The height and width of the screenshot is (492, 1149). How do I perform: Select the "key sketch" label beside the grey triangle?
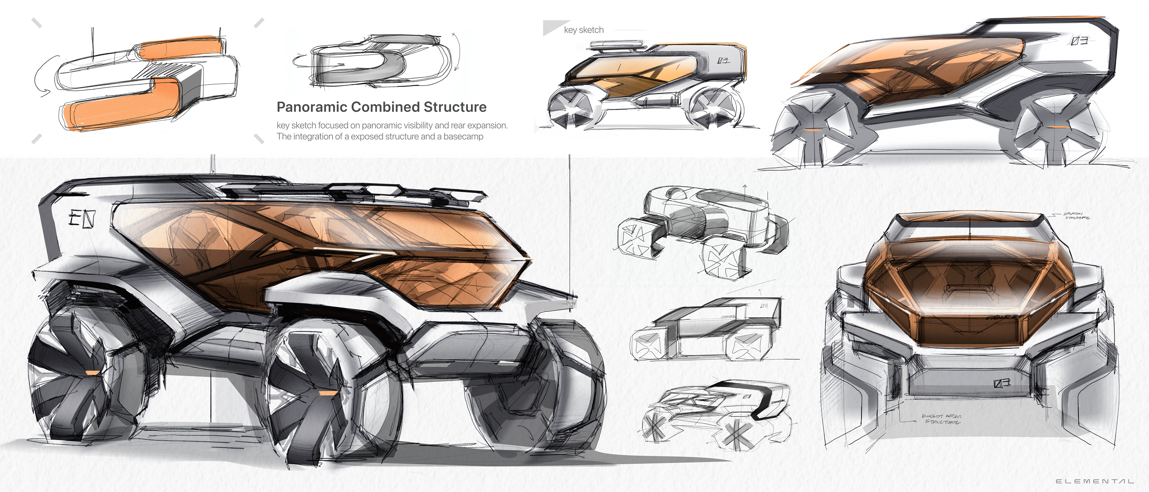(583, 30)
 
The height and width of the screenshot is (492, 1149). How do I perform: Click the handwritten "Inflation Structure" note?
(1077, 216)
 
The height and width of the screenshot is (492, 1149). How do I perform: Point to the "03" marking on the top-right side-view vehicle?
(1079, 41)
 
